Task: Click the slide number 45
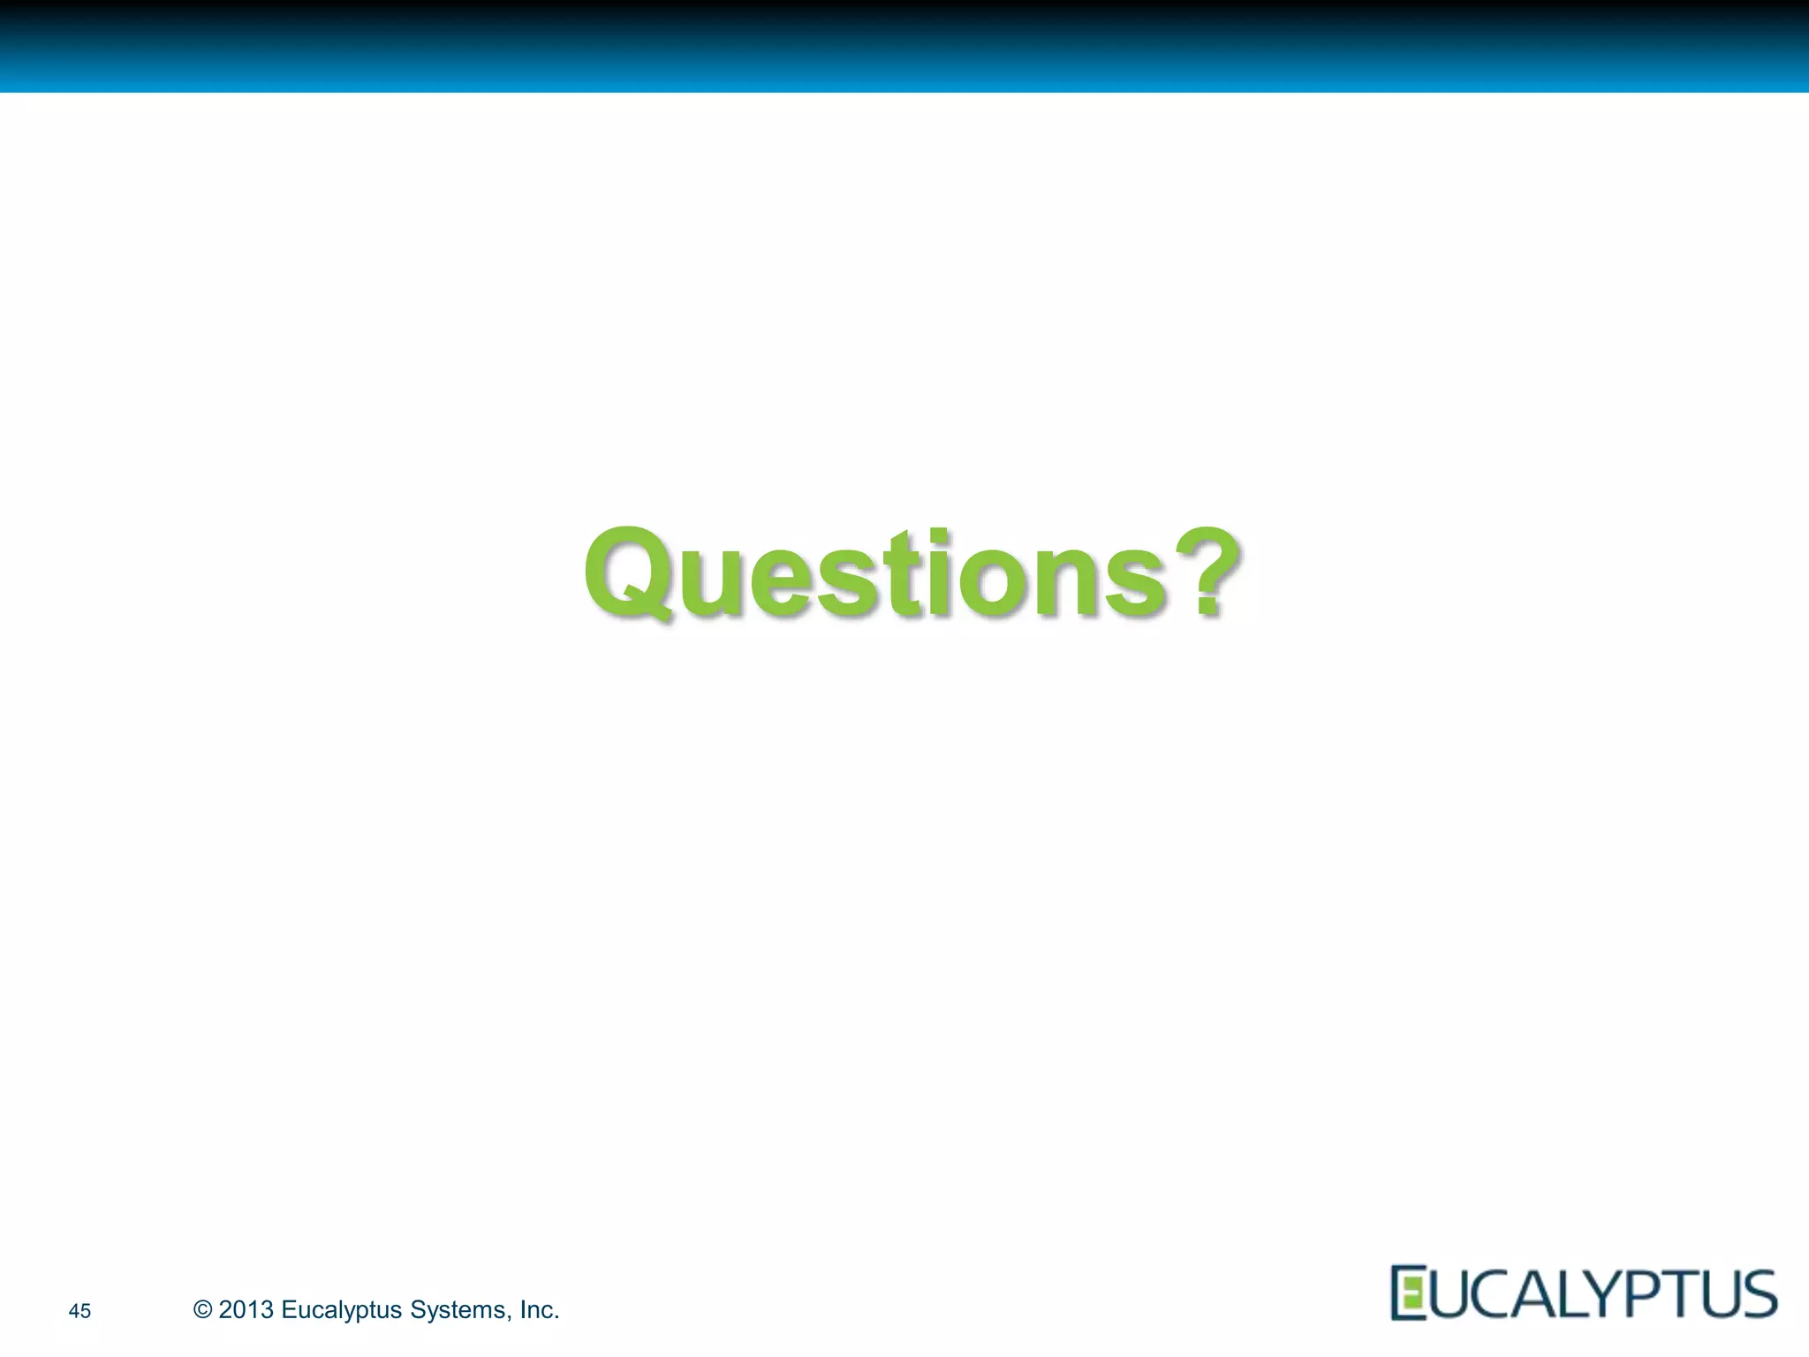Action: coord(79,1311)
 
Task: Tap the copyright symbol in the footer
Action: coord(202,1309)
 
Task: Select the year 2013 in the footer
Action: coord(246,1309)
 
